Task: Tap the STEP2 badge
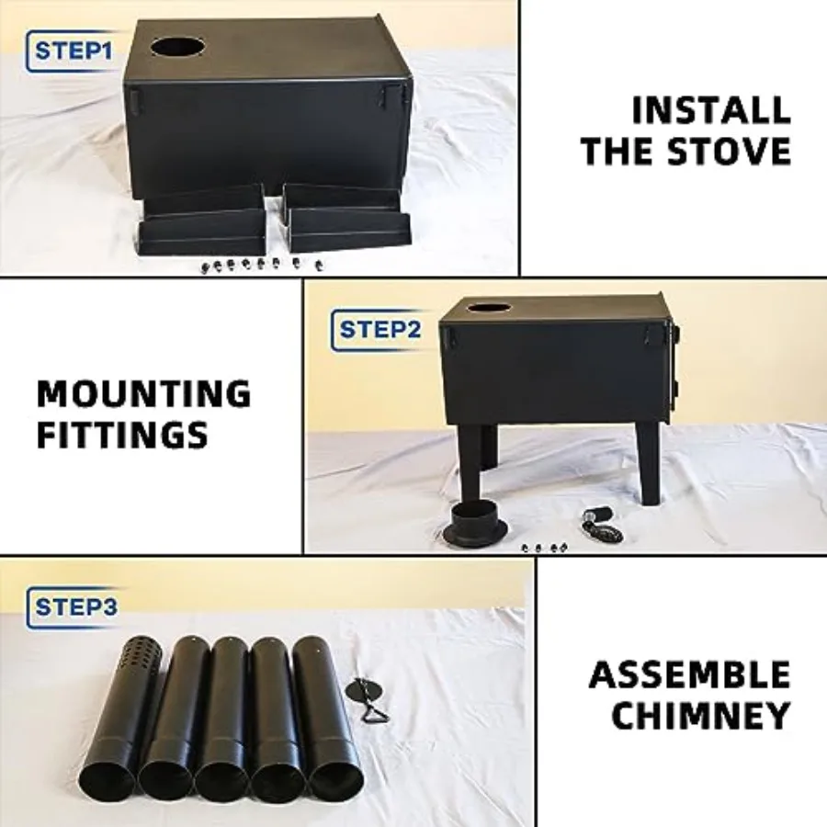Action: [x=377, y=330]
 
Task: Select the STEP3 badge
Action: [x=73, y=607]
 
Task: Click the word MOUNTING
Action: [x=144, y=393]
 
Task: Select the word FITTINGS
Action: [x=122, y=436]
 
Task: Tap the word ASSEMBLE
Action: [x=690, y=674]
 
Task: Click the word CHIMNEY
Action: [x=700, y=715]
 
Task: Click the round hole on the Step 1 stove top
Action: [x=177, y=47]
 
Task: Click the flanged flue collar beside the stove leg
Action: [x=477, y=527]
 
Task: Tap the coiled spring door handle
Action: [x=602, y=525]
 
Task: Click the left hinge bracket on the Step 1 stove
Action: [x=136, y=99]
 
